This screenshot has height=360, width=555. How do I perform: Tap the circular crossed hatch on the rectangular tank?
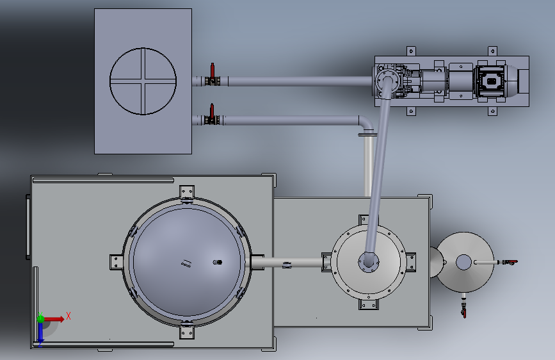point(143,81)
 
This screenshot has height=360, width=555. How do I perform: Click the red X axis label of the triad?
point(68,316)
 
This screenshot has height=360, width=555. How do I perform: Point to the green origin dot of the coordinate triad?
point(41,318)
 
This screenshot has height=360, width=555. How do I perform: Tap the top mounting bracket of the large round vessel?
point(186,193)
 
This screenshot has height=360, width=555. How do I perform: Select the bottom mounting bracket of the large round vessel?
point(186,331)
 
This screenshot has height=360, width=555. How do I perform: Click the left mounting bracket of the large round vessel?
point(116,262)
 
